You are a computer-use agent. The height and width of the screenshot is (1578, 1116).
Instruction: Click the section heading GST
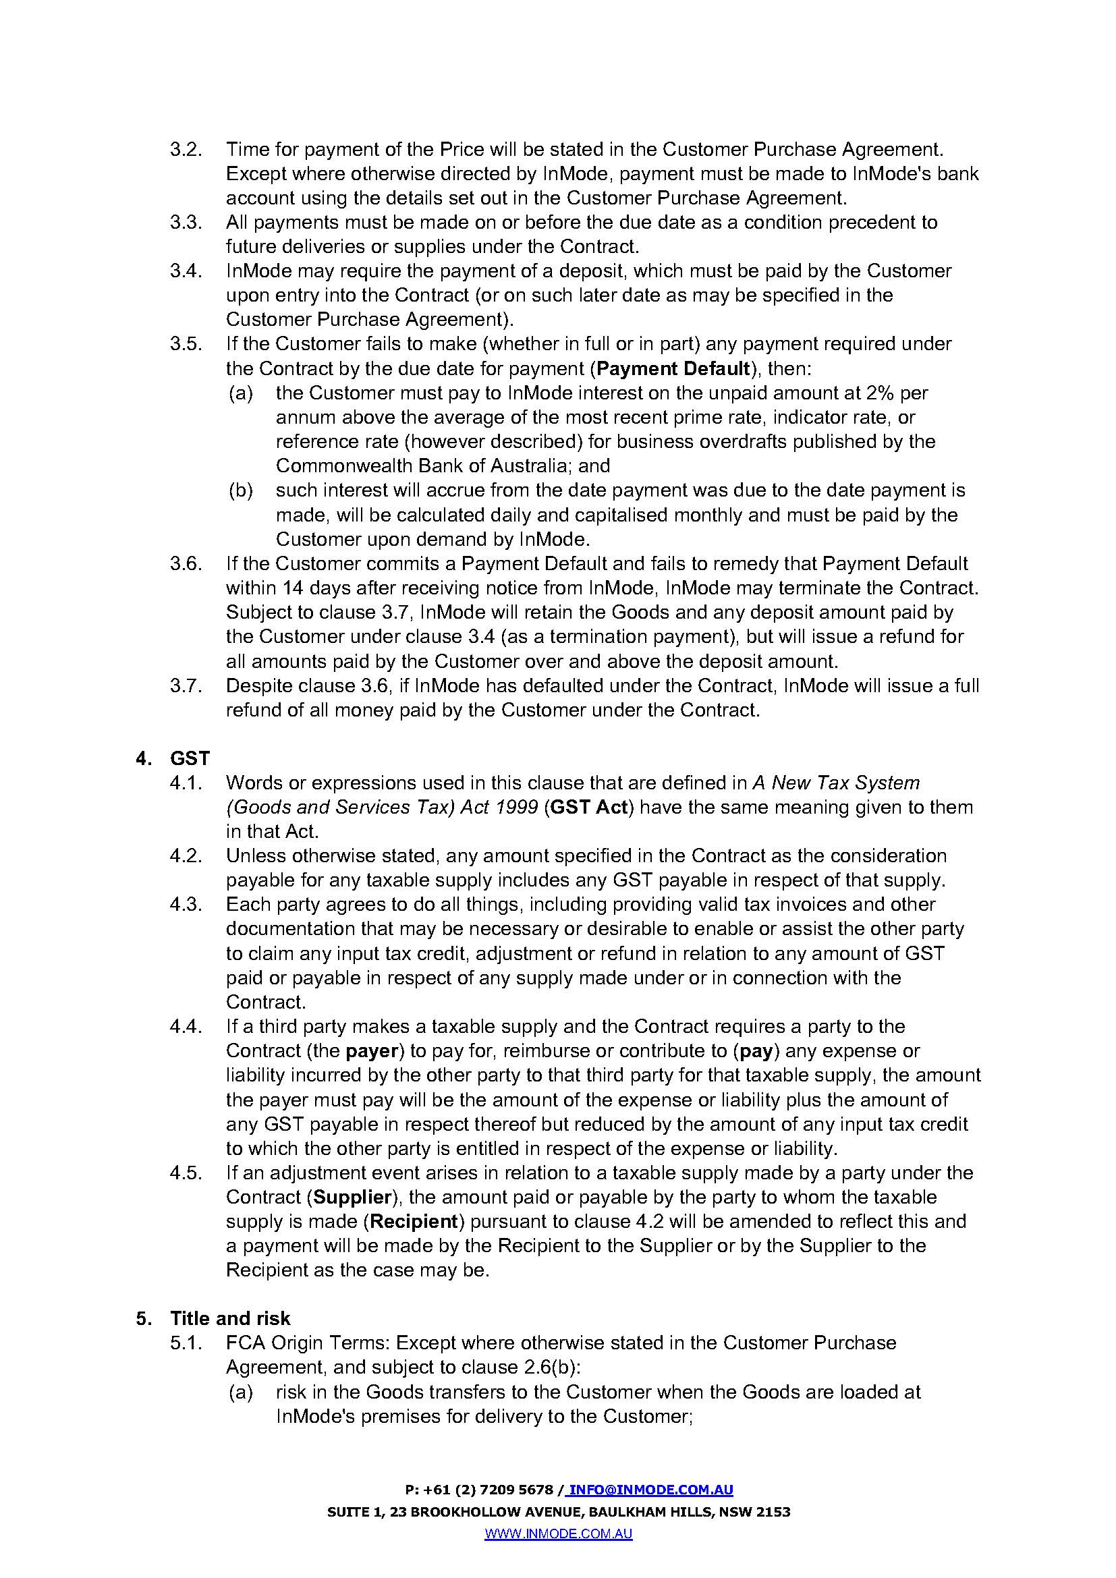tap(190, 758)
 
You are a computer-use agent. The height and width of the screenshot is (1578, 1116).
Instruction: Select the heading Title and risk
tap(230, 1318)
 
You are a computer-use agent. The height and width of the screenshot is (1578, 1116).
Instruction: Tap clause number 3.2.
tap(186, 149)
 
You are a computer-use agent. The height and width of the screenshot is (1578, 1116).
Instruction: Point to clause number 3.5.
tap(186, 343)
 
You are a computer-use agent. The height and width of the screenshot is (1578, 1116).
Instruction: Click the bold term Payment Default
tap(673, 368)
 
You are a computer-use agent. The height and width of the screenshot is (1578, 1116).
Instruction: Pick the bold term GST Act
tap(589, 807)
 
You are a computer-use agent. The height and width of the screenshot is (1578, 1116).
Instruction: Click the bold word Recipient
tap(414, 1221)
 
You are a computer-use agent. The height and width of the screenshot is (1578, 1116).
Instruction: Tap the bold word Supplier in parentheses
tap(352, 1197)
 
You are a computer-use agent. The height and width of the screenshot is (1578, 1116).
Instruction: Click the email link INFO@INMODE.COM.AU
tap(650, 1490)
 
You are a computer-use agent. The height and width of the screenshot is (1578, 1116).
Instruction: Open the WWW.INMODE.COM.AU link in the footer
tap(558, 1534)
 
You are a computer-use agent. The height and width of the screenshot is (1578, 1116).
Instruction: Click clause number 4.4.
tap(186, 1027)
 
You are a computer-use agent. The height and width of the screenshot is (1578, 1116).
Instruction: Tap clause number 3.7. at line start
tap(186, 686)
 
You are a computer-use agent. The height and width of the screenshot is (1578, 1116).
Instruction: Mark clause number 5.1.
tap(186, 1343)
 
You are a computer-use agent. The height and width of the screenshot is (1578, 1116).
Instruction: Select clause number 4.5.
tap(186, 1173)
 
